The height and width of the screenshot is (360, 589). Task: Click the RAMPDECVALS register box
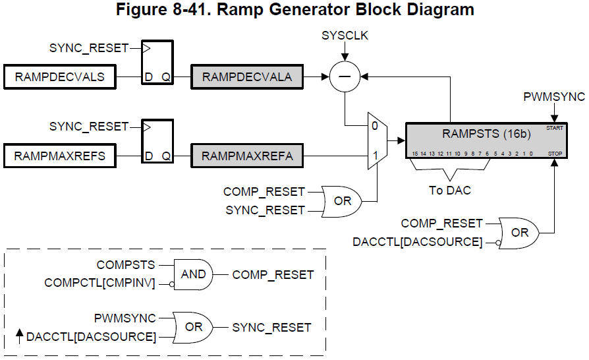[x=59, y=77]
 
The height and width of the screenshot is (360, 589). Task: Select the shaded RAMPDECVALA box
[x=246, y=77]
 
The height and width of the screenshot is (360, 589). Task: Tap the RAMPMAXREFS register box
[x=59, y=156]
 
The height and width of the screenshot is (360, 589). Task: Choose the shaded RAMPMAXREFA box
[x=246, y=156]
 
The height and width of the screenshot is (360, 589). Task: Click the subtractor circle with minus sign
[x=345, y=77]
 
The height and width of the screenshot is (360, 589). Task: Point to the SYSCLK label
[x=345, y=36]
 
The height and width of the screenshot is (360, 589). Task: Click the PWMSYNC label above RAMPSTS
[x=554, y=97]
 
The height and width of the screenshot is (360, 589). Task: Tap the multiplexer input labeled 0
[x=374, y=125]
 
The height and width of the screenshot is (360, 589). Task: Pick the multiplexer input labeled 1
[x=374, y=157]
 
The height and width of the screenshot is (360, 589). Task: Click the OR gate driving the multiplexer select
[x=341, y=200]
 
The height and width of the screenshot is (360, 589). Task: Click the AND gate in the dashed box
[x=193, y=274]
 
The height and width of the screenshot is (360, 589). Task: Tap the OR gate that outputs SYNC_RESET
[x=193, y=327]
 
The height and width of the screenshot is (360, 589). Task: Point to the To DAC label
[x=451, y=190]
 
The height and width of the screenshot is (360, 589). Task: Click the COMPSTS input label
[x=126, y=265]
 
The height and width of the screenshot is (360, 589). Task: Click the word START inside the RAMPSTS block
[x=554, y=128]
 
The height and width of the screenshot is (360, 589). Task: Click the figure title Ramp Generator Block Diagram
[x=294, y=10]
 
